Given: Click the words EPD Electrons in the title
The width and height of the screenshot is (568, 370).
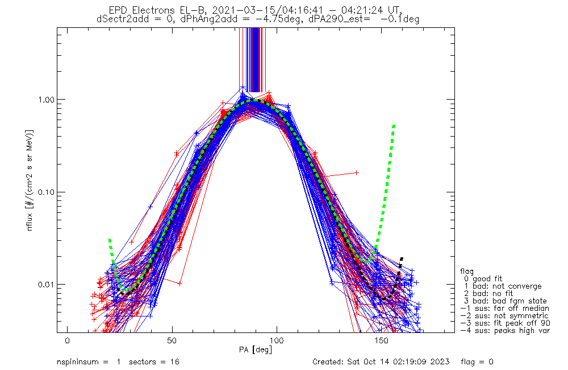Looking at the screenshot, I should pos(144,10).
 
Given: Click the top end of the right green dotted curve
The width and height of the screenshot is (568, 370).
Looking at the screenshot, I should pos(394,125).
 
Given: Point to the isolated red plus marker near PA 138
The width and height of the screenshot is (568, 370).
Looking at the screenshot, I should pos(357,172).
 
